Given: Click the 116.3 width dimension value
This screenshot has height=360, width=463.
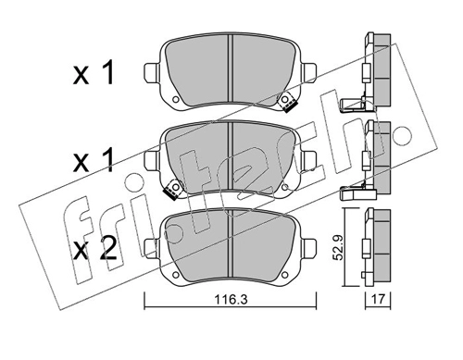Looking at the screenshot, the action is (231, 300).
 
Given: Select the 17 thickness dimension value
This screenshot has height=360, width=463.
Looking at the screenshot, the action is (378, 299).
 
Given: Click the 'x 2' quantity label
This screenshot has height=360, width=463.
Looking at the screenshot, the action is (95, 249).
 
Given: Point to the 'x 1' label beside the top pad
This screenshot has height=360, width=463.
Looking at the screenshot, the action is (94, 73).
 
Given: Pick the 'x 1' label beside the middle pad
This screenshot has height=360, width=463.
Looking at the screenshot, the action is (94, 160).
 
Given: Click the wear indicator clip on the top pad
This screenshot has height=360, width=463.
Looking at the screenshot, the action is (288, 102).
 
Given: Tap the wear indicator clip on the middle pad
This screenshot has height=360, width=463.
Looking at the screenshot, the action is (173, 189).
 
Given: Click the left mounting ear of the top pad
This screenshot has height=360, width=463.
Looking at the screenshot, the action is (152, 73).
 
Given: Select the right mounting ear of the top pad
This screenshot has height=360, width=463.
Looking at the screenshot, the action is (308, 73).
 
